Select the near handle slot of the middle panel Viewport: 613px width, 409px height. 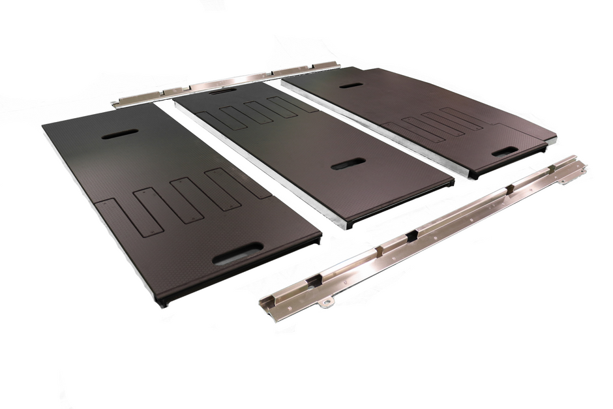(348, 163)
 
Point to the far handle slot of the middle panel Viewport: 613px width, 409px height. (223, 91)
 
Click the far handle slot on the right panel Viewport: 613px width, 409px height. (351, 85)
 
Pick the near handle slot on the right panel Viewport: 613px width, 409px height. (505, 151)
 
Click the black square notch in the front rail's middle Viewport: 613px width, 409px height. (411, 236)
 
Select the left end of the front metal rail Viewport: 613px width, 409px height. (266, 299)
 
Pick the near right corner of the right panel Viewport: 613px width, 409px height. (555, 138)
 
